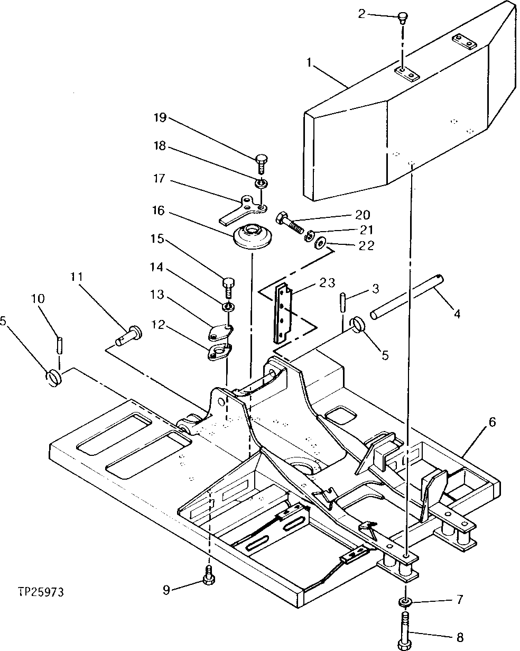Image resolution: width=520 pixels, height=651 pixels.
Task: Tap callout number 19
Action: tap(160, 117)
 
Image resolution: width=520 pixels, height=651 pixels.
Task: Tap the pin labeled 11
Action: tap(128, 335)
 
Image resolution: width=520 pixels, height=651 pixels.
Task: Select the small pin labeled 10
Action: tap(60, 347)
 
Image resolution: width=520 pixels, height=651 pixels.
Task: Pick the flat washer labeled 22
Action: tap(321, 244)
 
